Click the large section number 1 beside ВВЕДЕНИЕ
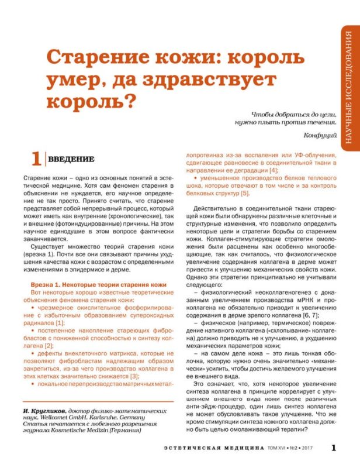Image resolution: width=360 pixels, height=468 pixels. coord(36,160)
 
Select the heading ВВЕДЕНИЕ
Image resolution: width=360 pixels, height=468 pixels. coord(71,159)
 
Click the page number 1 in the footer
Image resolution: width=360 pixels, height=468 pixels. coord(333,448)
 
